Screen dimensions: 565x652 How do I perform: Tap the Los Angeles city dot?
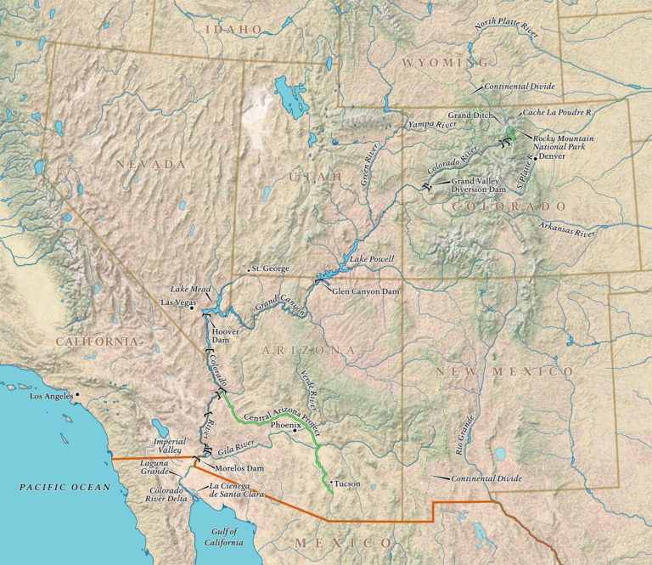pos(76,394)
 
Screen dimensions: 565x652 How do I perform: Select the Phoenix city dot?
pos(294,430)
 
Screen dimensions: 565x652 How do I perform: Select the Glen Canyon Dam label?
pos(364,291)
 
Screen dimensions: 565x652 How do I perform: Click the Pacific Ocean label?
pos(66,487)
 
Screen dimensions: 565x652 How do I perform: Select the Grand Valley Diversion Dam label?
pos(481,186)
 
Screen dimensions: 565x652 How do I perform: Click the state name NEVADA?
pos(151,164)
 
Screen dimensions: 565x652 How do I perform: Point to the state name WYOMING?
pos(445,63)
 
